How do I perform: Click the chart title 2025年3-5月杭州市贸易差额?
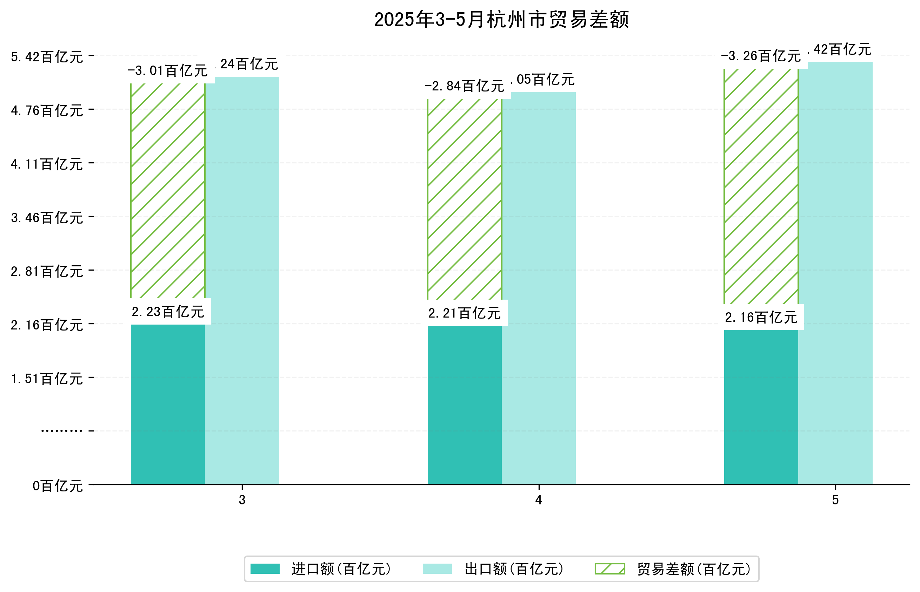coord(501,20)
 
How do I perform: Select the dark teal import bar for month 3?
coord(168,404)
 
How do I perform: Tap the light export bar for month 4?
coord(539,288)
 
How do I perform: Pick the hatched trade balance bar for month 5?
coord(761,186)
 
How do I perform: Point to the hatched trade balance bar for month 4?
coord(465,199)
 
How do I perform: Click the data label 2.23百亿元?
coord(168,312)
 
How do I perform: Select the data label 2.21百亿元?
coord(465,313)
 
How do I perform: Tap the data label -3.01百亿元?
coord(168,71)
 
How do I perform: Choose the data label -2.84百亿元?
coord(465,86)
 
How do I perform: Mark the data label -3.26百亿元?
coord(761,56)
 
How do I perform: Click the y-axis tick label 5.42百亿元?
coord(47,57)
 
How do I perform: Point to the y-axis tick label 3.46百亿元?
coord(47,218)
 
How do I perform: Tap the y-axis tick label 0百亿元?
coord(58,486)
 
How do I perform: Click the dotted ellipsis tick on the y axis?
coord(61,431)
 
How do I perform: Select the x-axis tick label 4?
coord(538,500)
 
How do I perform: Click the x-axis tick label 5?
coord(835,500)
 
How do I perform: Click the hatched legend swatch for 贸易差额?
coord(609,569)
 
